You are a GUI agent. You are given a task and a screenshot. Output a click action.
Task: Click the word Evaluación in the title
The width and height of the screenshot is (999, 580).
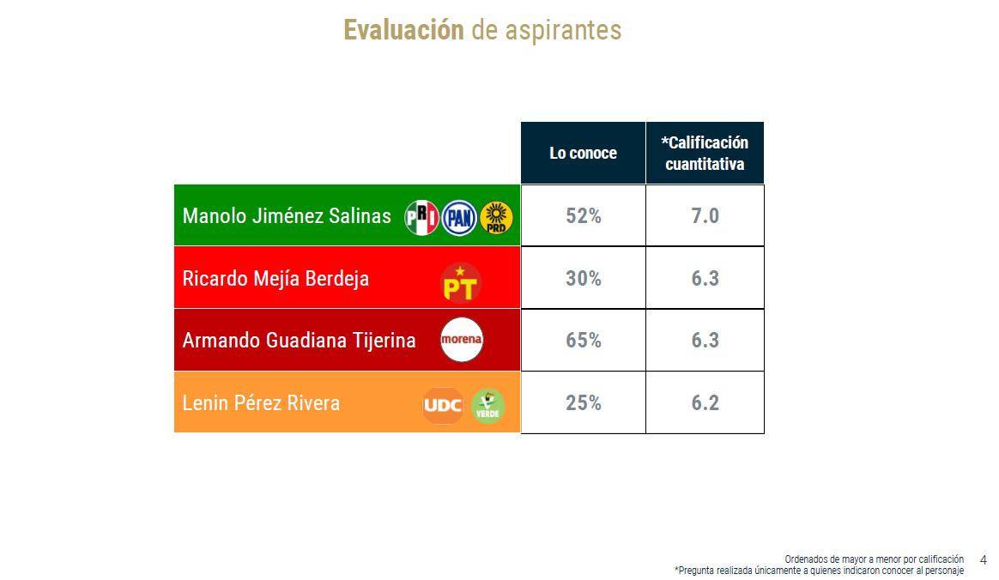403,30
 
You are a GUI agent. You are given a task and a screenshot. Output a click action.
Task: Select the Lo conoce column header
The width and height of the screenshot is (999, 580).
583,154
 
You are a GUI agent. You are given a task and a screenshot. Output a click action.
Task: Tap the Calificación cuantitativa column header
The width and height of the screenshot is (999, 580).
705,154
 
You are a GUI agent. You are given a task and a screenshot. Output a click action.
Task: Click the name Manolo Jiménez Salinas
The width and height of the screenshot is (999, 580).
287,216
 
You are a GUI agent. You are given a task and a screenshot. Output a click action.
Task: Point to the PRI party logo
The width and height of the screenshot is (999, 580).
421,217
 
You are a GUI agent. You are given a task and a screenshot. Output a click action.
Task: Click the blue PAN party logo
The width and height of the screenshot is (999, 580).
459,217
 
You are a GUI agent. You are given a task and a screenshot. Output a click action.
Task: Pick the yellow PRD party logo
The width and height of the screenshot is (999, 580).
496,217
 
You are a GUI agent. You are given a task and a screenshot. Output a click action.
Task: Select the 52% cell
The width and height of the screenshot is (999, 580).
583,216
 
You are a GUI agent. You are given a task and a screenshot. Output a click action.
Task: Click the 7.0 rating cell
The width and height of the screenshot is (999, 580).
705,216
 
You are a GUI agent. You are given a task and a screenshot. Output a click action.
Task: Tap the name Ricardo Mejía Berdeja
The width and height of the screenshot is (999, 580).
275,279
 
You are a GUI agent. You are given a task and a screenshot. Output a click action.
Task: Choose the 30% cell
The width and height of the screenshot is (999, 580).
583,279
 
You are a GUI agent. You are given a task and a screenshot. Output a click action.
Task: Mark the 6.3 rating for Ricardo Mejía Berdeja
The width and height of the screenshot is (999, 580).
705,279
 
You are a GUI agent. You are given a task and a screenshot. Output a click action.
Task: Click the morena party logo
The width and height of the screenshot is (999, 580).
462,340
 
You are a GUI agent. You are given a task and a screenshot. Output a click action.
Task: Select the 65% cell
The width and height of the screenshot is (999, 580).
583,341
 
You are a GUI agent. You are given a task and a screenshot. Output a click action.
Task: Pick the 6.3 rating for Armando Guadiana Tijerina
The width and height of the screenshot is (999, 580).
705,341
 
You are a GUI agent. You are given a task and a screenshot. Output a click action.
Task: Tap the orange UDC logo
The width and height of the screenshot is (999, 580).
443,406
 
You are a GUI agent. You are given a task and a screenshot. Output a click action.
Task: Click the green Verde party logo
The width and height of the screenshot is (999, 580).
487,406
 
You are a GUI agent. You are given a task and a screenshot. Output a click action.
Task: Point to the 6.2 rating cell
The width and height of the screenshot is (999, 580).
705,403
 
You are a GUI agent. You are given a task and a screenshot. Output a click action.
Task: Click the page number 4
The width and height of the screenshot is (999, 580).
984,560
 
